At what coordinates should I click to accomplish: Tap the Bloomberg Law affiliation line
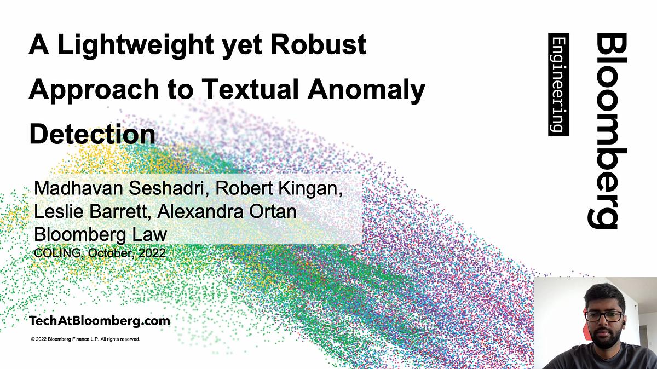pos(100,234)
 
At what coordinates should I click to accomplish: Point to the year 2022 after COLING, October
pos(153,253)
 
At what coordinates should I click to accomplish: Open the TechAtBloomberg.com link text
pos(100,321)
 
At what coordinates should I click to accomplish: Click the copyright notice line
pos(86,339)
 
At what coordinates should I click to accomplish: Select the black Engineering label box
pos(558,84)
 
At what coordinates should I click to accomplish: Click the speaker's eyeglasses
pos(603,316)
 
